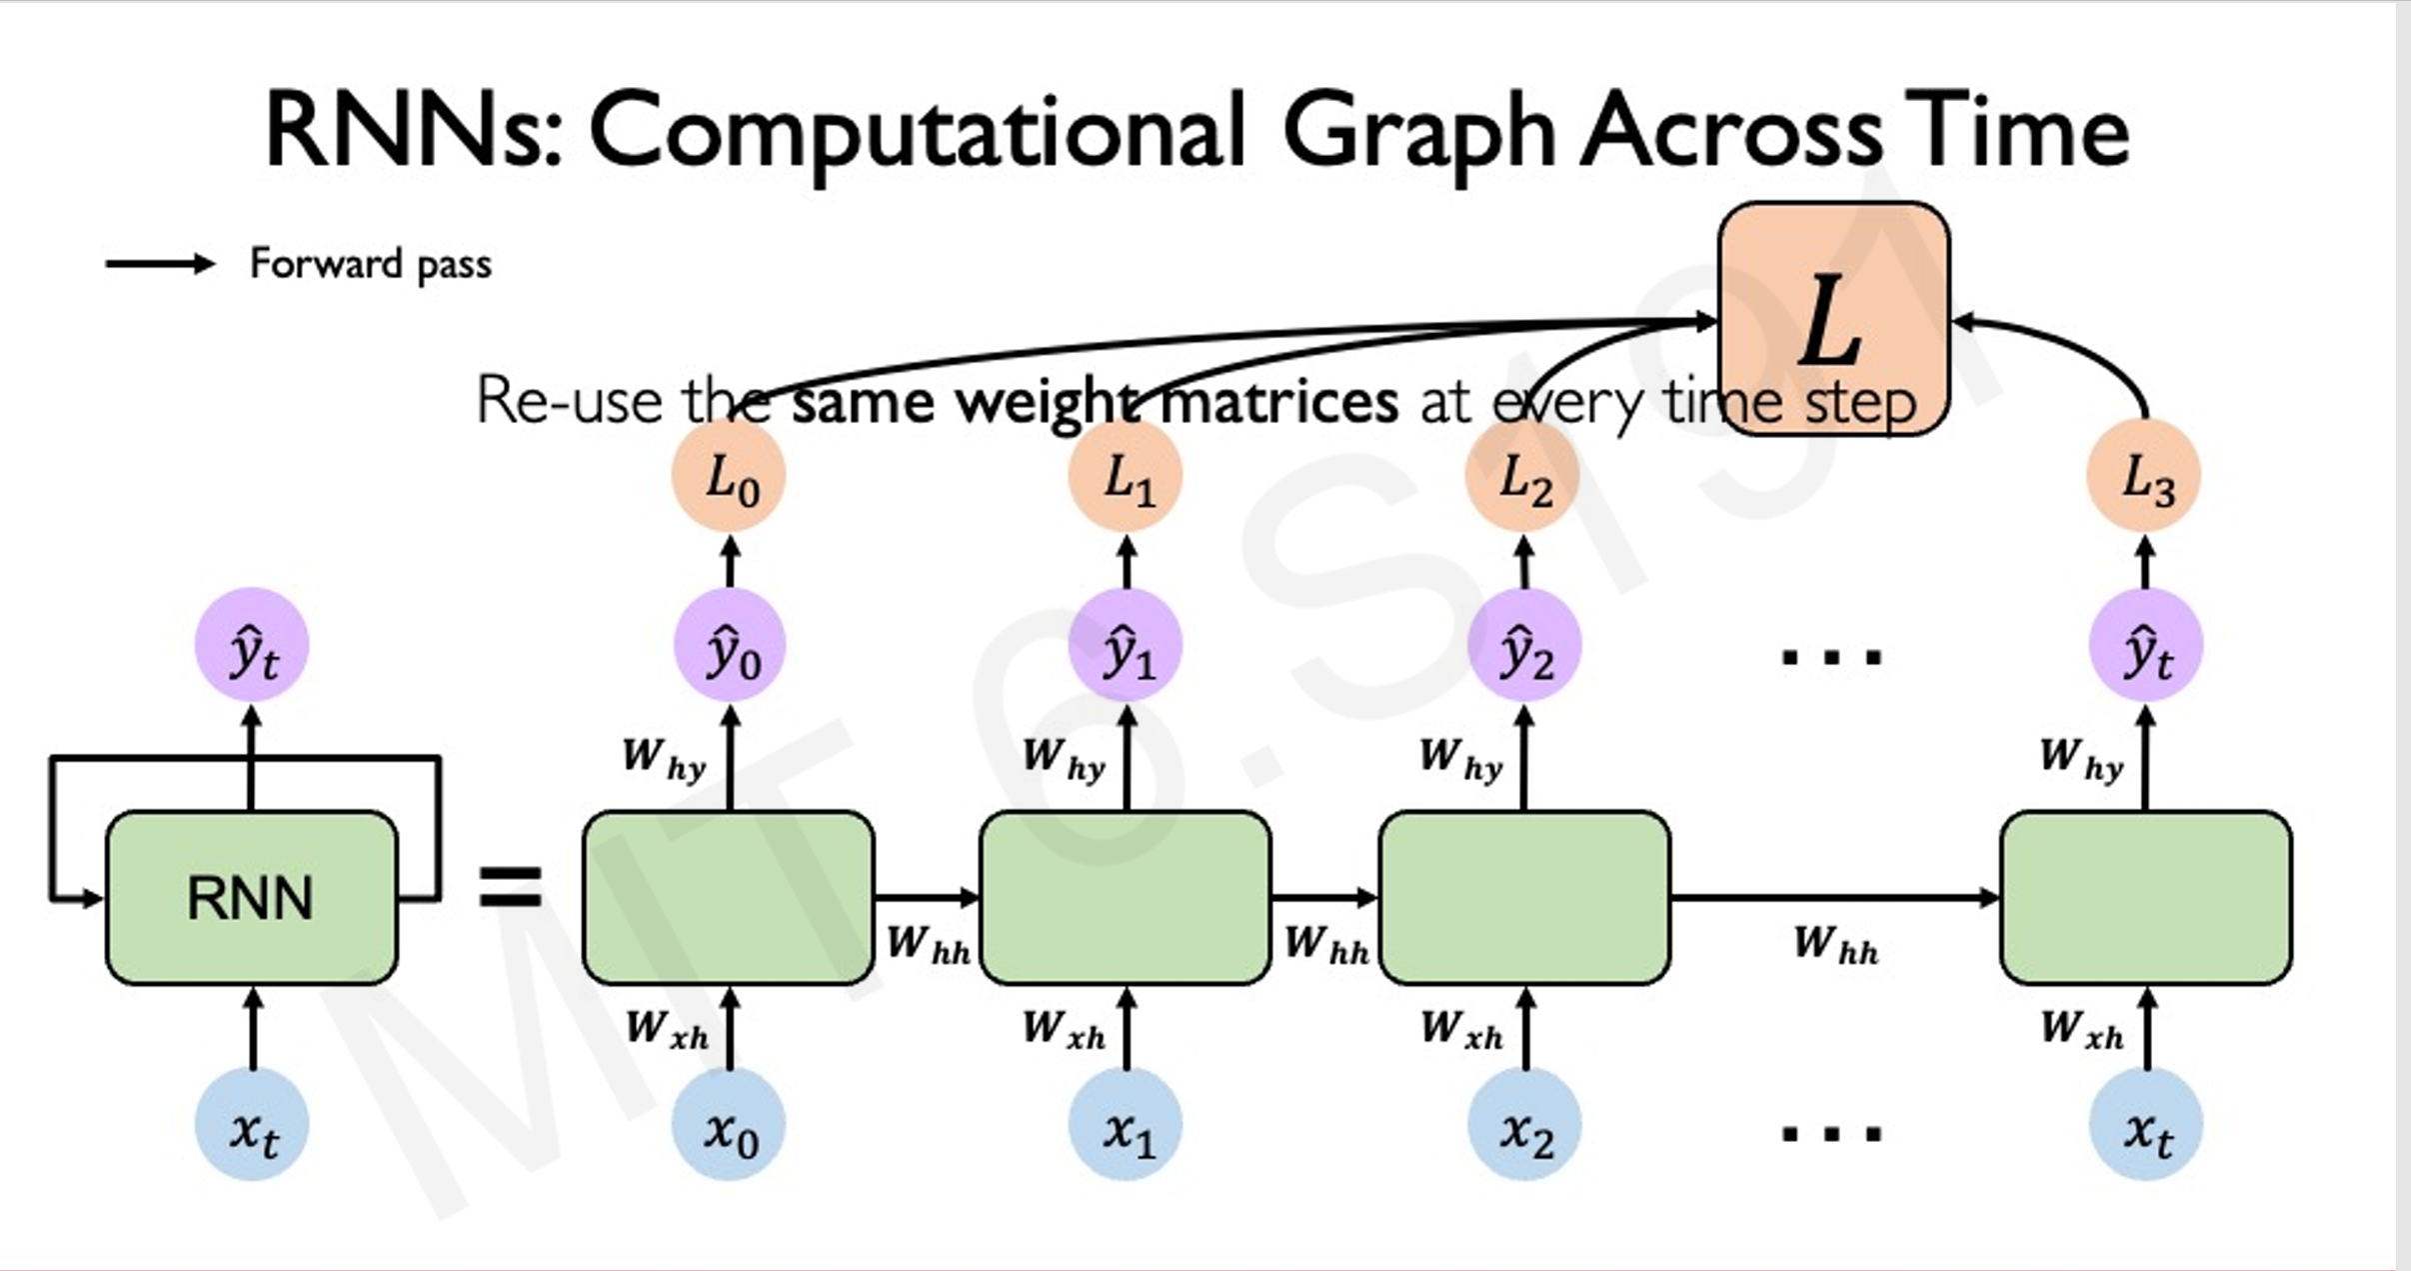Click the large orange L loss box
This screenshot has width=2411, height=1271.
click(x=1833, y=318)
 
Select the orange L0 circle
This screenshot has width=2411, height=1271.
click(x=729, y=478)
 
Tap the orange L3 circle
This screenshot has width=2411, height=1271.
click(x=2144, y=478)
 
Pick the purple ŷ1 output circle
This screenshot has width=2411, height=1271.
click(x=1126, y=646)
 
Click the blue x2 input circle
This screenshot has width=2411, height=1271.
click(x=1523, y=1126)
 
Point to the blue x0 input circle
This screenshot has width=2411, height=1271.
click(x=729, y=1126)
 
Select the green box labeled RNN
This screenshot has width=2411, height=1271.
click(x=251, y=897)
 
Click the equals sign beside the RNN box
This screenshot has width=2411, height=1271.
click(x=510, y=887)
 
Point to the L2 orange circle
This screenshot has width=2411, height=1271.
click(x=1522, y=478)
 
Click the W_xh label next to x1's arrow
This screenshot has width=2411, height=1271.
click(x=1064, y=1029)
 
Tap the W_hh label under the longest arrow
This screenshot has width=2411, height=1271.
click(x=1835, y=944)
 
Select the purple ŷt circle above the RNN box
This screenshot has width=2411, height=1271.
click(x=252, y=646)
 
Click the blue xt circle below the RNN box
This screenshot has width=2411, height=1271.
click(x=252, y=1126)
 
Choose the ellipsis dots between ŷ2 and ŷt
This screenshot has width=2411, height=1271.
click(x=1831, y=657)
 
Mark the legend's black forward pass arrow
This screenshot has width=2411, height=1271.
click(x=160, y=264)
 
